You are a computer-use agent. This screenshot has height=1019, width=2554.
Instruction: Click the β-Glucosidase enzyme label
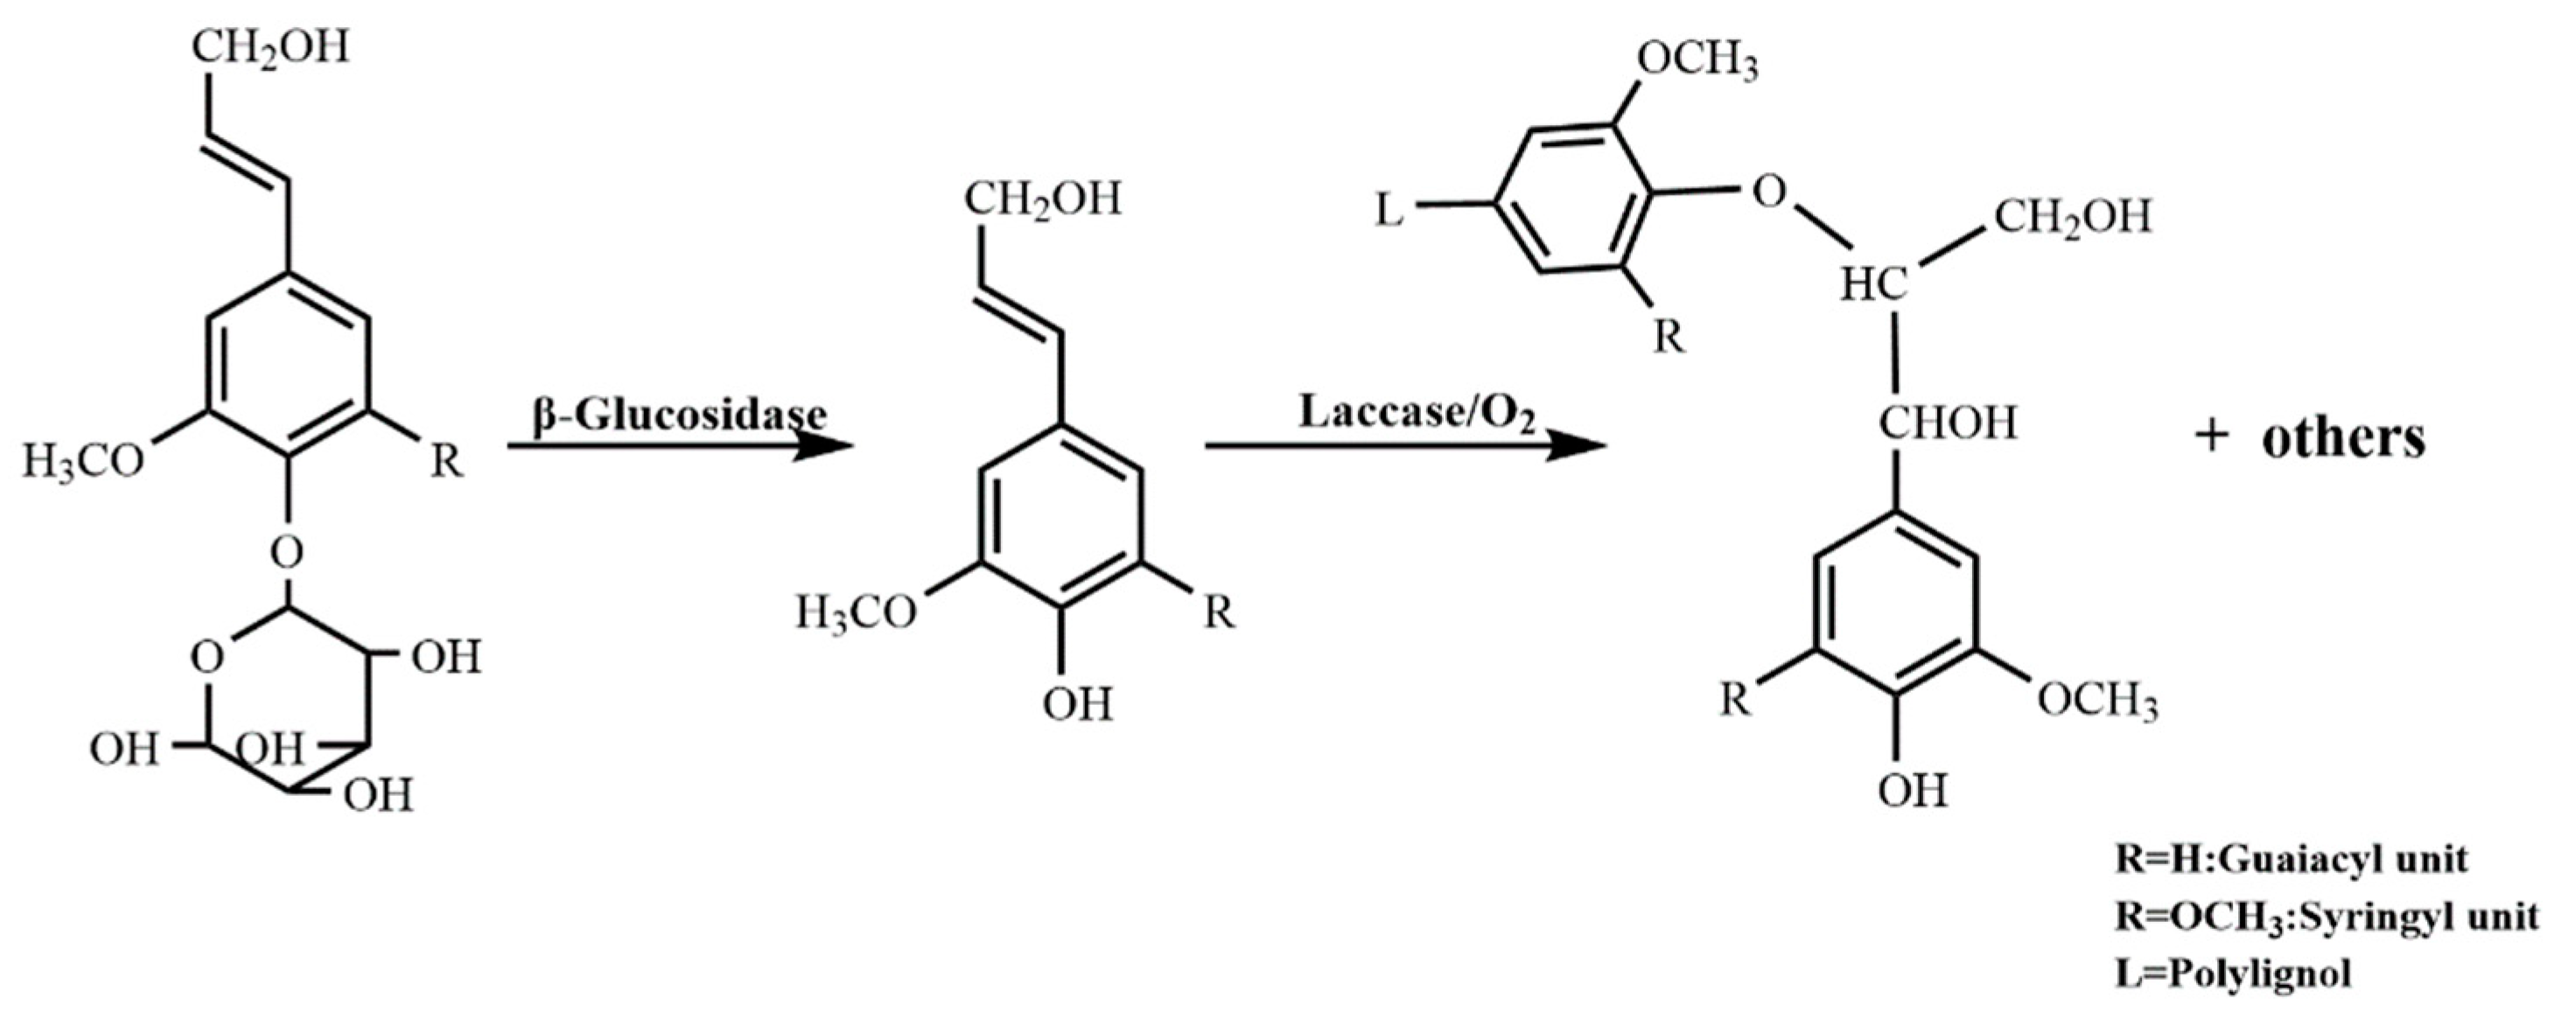(x=679, y=415)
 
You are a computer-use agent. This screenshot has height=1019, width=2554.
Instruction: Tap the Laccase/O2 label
(x=1417, y=412)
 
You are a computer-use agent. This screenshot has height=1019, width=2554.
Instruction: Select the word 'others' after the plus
(x=2342, y=437)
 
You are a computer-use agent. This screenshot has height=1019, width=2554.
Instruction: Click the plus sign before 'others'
(x=2210, y=439)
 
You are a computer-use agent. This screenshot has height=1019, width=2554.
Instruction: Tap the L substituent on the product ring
(x=1390, y=211)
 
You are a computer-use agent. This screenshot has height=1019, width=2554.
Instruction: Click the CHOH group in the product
(x=1949, y=424)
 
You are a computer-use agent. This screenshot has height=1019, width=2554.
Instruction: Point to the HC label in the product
(x=1874, y=287)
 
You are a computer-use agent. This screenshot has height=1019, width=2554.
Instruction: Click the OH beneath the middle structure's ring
(x=1077, y=706)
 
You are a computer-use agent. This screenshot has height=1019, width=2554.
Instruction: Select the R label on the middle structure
(x=1220, y=613)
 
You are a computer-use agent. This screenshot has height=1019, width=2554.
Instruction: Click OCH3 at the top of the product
(x=1697, y=61)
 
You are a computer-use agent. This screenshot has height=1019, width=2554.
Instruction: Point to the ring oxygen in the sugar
(x=207, y=657)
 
